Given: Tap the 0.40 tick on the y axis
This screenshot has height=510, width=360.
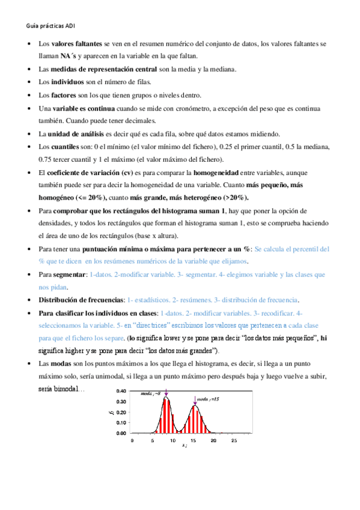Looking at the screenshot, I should click(121, 391).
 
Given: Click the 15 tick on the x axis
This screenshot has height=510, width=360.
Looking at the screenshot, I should click(193, 441).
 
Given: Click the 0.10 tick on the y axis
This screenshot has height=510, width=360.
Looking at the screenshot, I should click(121, 423).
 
